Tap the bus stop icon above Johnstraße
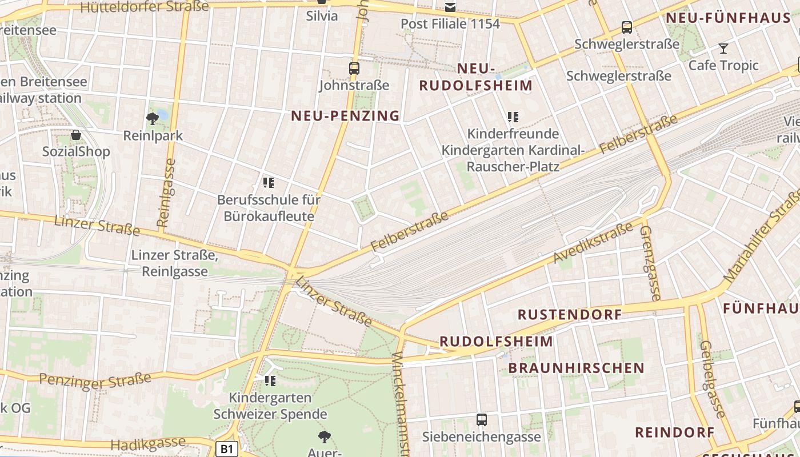coord(354,69)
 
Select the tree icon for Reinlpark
coord(152,119)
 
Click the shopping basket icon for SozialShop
coord(76,135)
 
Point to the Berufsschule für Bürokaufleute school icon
coord(269,183)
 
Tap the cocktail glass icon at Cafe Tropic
coord(723,49)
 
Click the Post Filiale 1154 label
coord(450,24)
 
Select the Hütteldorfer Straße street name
coord(145,7)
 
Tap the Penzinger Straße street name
coord(95,380)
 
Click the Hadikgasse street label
coord(148,443)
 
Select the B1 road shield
coord(227,449)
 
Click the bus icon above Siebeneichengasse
coord(482,420)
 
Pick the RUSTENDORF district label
coord(570,315)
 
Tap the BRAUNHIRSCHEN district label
coord(577,368)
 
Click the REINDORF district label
coord(675,432)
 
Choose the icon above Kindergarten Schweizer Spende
coord(270,380)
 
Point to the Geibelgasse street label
coord(712,379)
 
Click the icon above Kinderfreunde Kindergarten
coord(513,117)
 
